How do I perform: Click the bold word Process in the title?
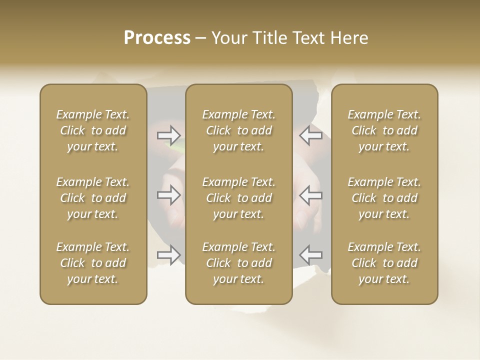(x=157, y=38)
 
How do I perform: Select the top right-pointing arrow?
(x=169, y=135)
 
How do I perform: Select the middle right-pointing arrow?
(x=169, y=195)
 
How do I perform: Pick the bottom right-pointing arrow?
(x=169, y=255)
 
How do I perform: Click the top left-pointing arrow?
(x=310, y=135)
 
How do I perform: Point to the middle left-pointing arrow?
(x=310, y=195)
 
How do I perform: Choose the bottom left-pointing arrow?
(x=310, y=255)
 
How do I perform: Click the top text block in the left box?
(x=93, y=130)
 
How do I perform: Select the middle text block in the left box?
(x=93, y=198)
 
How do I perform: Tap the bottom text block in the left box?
(x=93, y=263)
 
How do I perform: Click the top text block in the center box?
(x=238, y=130)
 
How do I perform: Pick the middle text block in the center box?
(x=238, y=198)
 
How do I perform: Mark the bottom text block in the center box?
(x=238, y=263)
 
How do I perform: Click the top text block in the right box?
(x=384, y=130)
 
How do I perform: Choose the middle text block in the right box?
(x=384, y=198)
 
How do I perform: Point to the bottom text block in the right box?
(x=384, y=263)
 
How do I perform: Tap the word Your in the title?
(x=227, y=38)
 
